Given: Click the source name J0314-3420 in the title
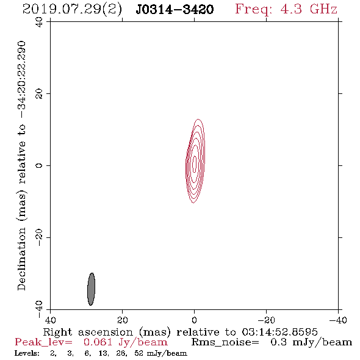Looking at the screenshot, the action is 175,9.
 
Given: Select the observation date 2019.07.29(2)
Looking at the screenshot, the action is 72,10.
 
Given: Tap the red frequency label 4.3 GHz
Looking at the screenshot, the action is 309,9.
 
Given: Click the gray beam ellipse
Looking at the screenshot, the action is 91,289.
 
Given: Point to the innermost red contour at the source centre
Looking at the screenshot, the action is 195,164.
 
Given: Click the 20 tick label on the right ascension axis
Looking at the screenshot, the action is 122,320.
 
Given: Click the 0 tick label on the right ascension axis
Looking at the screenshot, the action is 194,320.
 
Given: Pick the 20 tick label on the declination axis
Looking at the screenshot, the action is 40,94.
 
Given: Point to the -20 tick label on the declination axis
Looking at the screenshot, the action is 40,237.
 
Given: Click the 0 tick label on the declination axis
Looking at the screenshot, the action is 40,165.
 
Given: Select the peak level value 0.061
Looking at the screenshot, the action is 98,342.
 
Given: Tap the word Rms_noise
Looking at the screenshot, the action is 225,342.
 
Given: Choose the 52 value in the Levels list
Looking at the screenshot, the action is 139,353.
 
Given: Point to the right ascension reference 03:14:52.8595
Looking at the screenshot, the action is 279,332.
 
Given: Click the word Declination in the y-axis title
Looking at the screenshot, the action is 22,259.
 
